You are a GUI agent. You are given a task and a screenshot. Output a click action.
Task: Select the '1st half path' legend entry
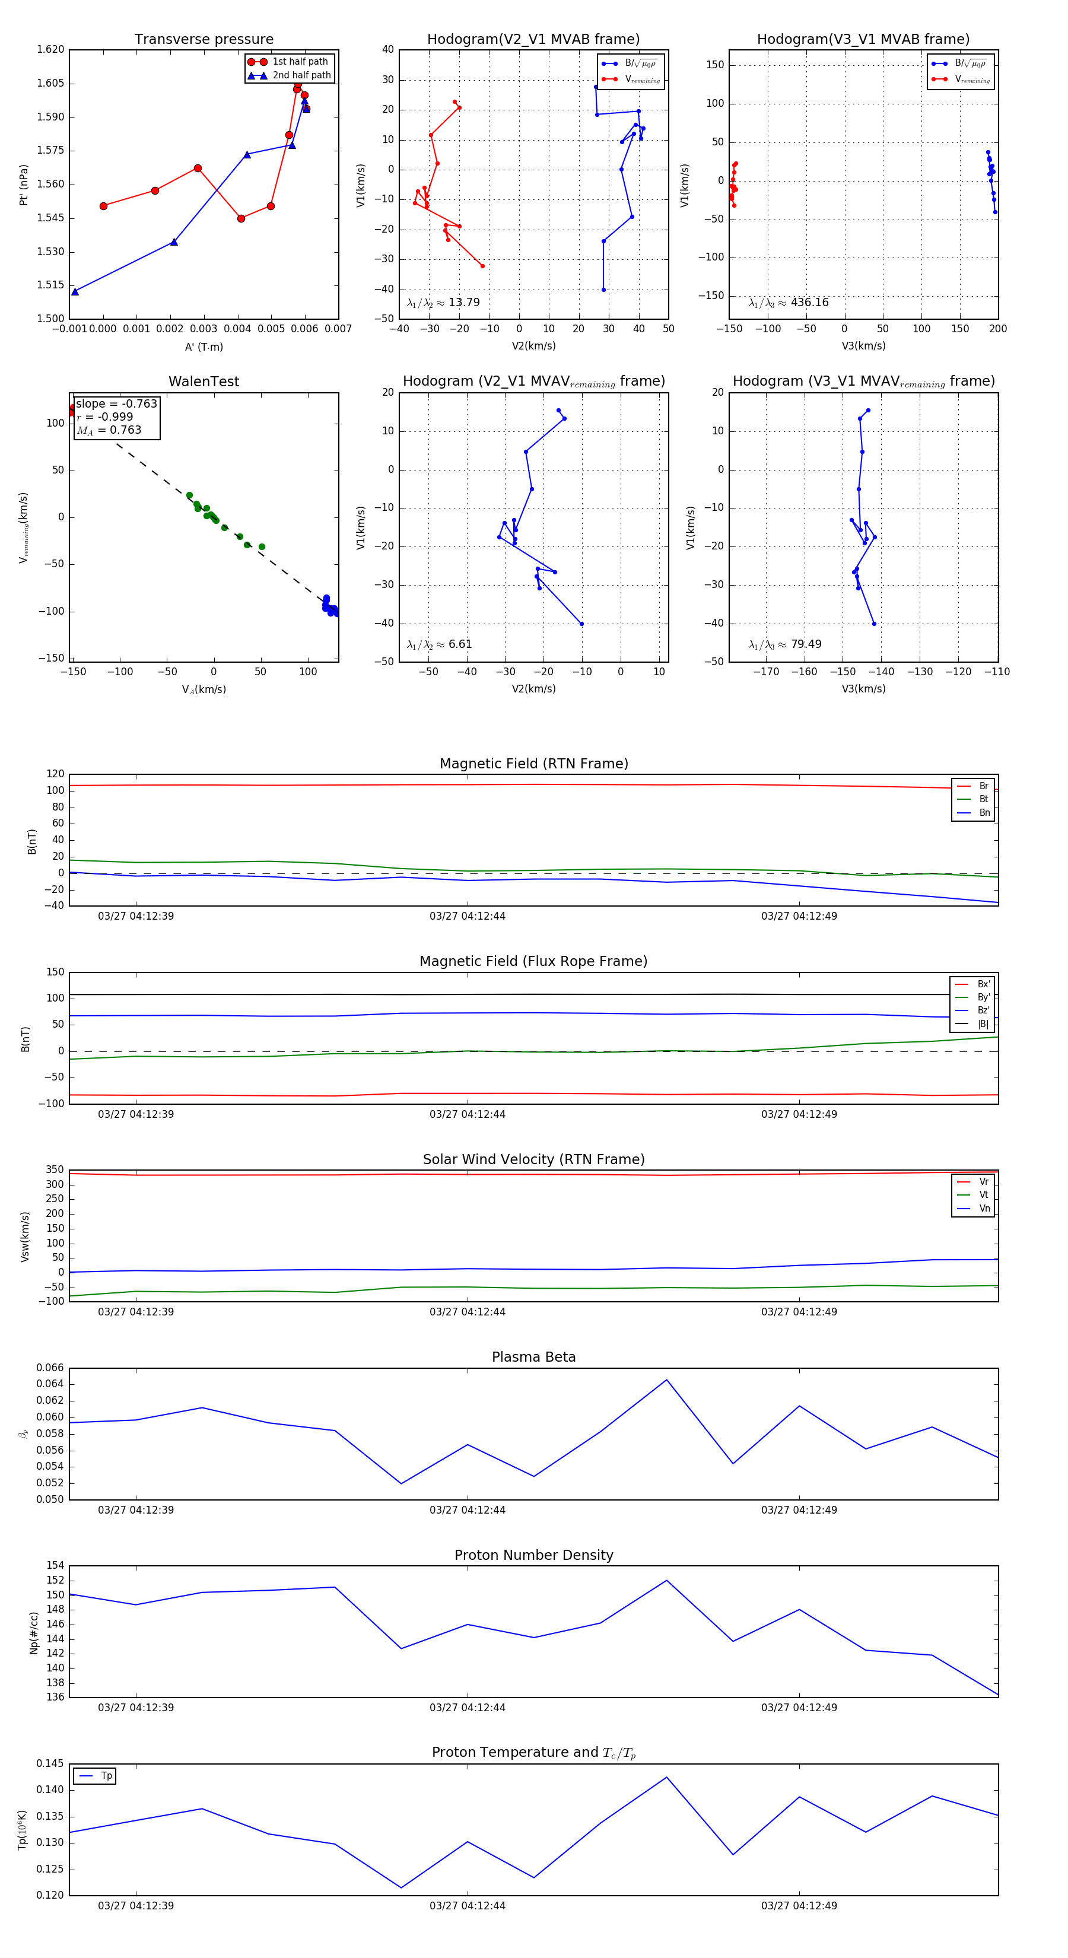300,62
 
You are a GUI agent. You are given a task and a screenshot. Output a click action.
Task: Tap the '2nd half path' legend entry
301,75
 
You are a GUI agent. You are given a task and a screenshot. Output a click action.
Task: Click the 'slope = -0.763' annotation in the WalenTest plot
116,403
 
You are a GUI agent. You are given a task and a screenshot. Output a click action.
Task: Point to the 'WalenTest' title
204,382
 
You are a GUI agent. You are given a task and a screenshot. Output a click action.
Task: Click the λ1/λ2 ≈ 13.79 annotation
443,303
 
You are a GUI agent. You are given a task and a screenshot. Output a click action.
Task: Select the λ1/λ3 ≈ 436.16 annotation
789,303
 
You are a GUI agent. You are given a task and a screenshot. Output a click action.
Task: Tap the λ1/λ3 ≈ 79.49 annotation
784,644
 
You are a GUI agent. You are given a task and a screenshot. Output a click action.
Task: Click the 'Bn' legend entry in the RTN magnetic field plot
984,812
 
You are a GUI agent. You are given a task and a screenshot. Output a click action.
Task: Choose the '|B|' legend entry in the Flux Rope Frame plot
983,1024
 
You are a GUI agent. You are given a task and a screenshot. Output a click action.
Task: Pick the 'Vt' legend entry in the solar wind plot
984,1195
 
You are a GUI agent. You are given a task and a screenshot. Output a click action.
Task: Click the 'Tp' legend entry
106,1776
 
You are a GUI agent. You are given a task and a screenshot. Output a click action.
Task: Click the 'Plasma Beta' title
533,1358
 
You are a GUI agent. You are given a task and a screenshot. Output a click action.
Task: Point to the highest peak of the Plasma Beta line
667,1379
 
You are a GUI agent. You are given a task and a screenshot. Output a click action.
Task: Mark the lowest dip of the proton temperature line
401,1887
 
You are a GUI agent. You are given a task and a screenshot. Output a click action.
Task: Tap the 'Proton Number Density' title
533,1555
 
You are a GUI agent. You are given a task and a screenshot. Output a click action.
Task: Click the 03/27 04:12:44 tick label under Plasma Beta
467,1509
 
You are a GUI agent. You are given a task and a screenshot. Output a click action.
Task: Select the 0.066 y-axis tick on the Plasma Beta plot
50,1368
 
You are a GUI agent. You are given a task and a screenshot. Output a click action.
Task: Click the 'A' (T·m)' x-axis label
204,347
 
